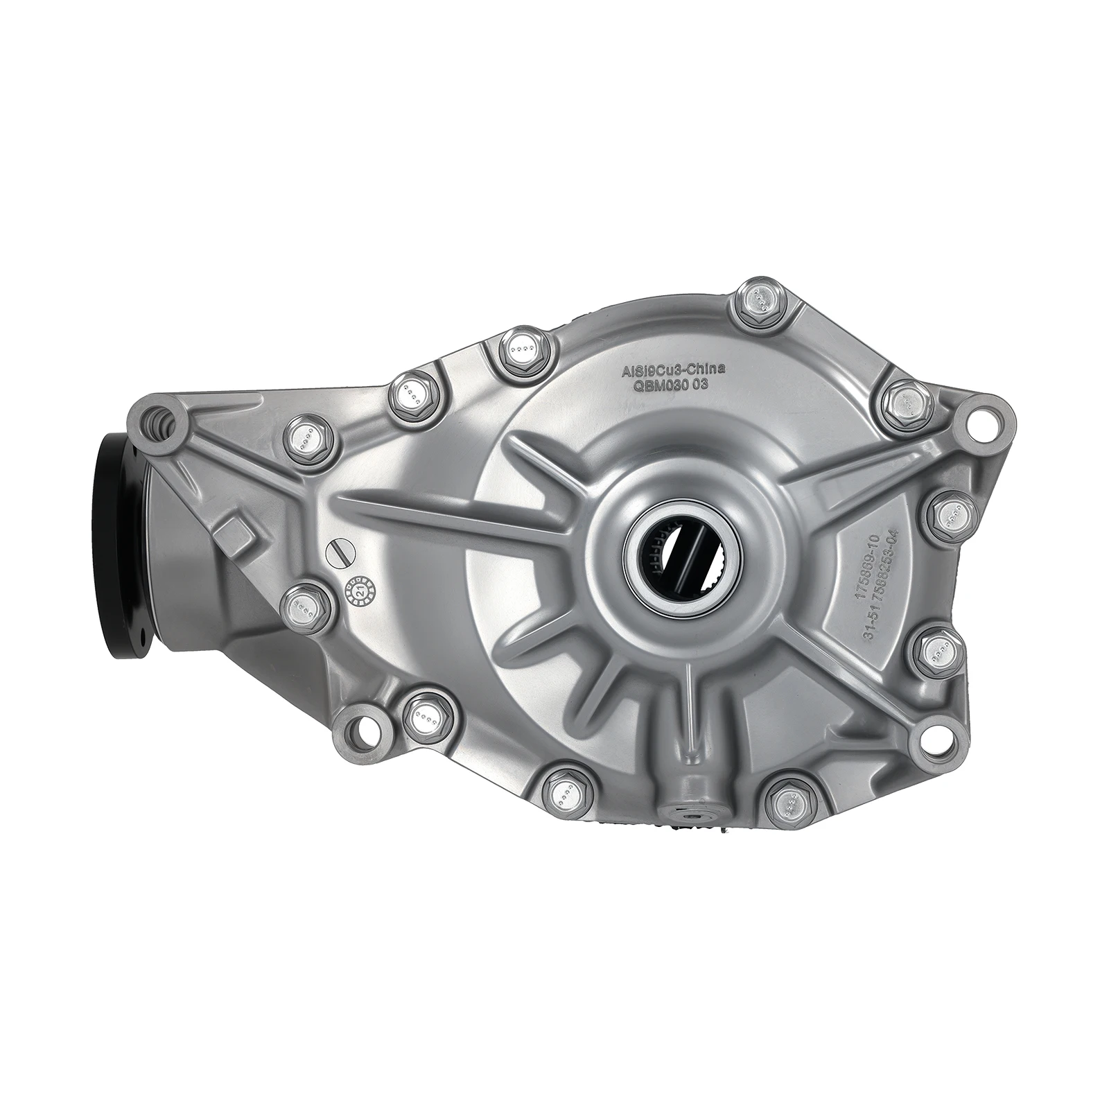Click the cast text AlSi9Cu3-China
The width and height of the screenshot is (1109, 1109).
coord(672,372)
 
